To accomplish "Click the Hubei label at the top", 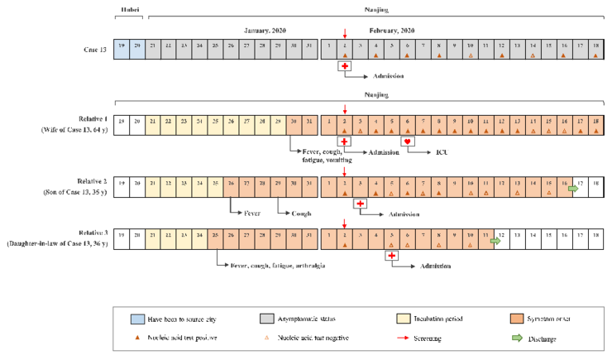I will pos(130,11).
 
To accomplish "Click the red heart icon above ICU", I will pos(407,142).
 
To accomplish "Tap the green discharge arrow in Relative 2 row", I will pos(572,189).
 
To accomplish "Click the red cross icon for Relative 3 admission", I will pos(392,256).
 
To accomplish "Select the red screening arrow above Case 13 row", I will pos(345,32).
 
